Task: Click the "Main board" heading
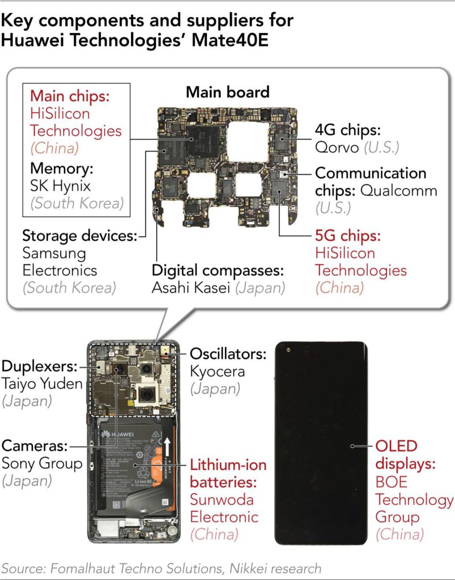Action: tap(227, 92)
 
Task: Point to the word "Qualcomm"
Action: tap(398, 190)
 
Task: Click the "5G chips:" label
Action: tap(348, 235)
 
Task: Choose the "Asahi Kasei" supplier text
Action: tap(190, 287)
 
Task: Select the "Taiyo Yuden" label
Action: tap(42, 384)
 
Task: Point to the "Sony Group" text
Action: tap(42, 463)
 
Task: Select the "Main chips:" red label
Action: tap(69, 95)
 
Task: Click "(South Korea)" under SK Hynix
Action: tap(78, 203)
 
